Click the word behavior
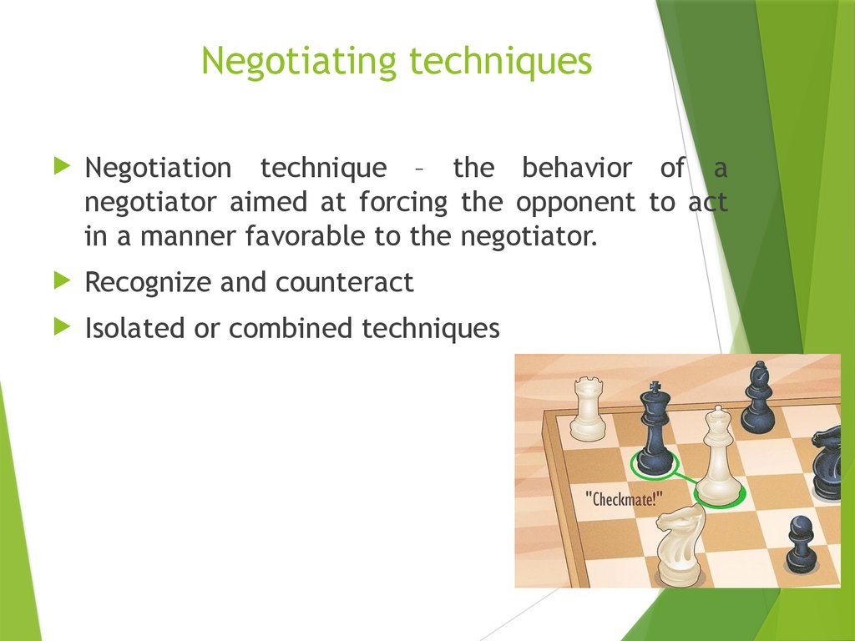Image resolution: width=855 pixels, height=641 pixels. pyautogui.click(x=577, y=168)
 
